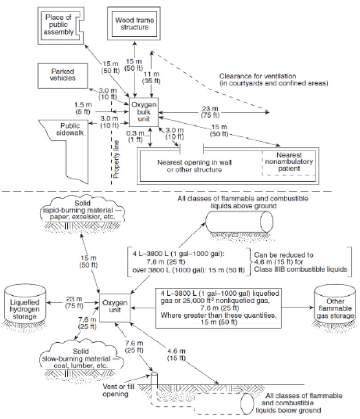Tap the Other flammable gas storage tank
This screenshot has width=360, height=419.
pos(333,305)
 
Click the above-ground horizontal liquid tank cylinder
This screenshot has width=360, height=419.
pos(239,221)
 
